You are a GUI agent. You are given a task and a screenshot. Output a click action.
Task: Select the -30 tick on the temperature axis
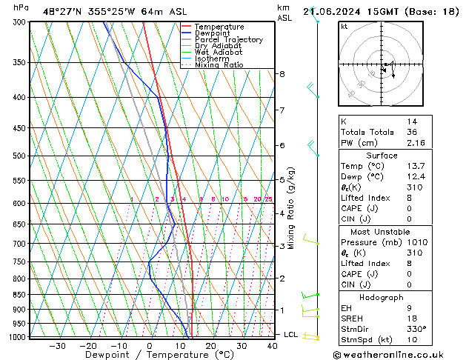point(57,345)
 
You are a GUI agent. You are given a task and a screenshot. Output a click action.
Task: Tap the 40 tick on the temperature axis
point(273,345)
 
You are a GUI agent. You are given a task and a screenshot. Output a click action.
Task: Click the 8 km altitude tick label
point(282,74)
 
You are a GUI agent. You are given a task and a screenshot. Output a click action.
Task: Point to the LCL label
point(290,335)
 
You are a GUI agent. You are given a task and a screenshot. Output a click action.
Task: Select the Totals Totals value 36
point(411,132)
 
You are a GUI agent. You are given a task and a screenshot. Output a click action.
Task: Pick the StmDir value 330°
point(416,330)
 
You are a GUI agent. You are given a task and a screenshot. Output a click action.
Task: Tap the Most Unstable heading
point(381,232)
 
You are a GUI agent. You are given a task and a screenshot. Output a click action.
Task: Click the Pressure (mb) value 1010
point(416,243)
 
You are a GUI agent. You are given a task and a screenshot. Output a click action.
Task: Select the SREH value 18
point(411,319)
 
